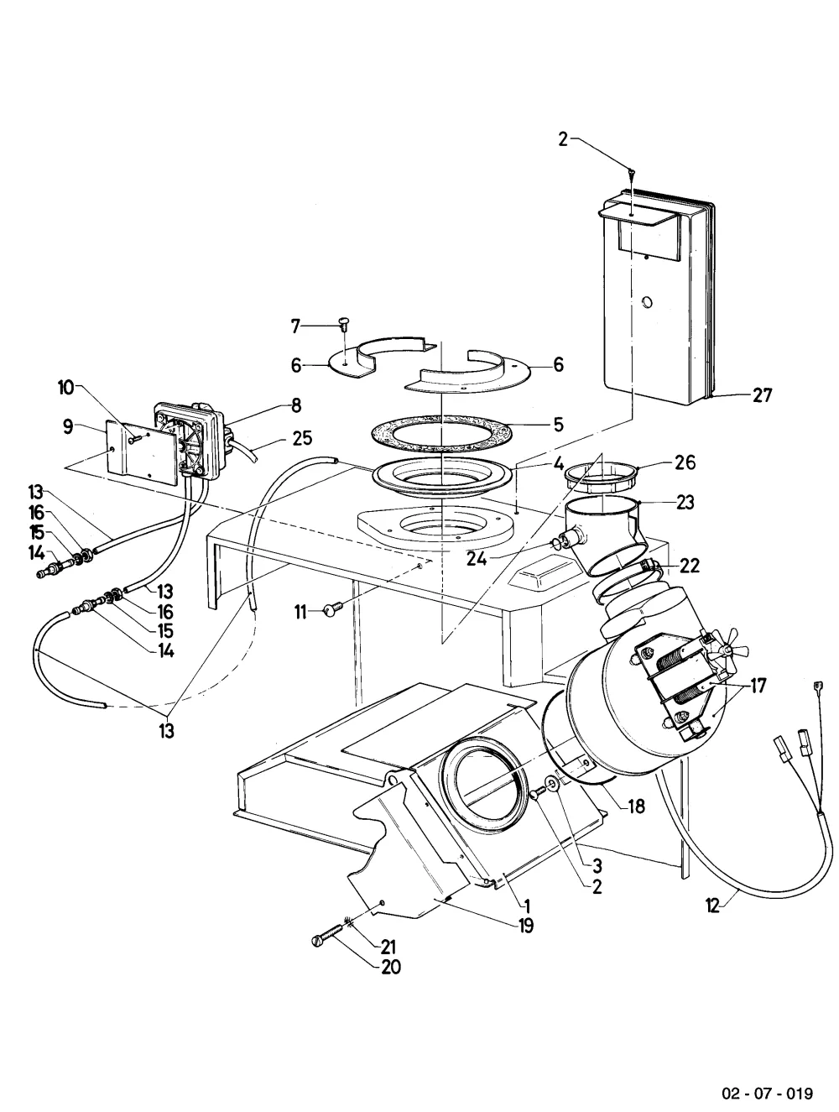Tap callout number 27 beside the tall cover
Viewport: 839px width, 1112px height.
762,394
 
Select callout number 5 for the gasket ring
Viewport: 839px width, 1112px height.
559,425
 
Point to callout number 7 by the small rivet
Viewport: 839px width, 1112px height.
295,326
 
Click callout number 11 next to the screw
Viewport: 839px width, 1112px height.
300,613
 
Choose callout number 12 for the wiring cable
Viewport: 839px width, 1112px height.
713,906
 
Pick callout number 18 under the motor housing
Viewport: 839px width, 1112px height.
636,806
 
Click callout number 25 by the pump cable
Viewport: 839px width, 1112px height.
302,438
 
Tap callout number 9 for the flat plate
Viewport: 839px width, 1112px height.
68,426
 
